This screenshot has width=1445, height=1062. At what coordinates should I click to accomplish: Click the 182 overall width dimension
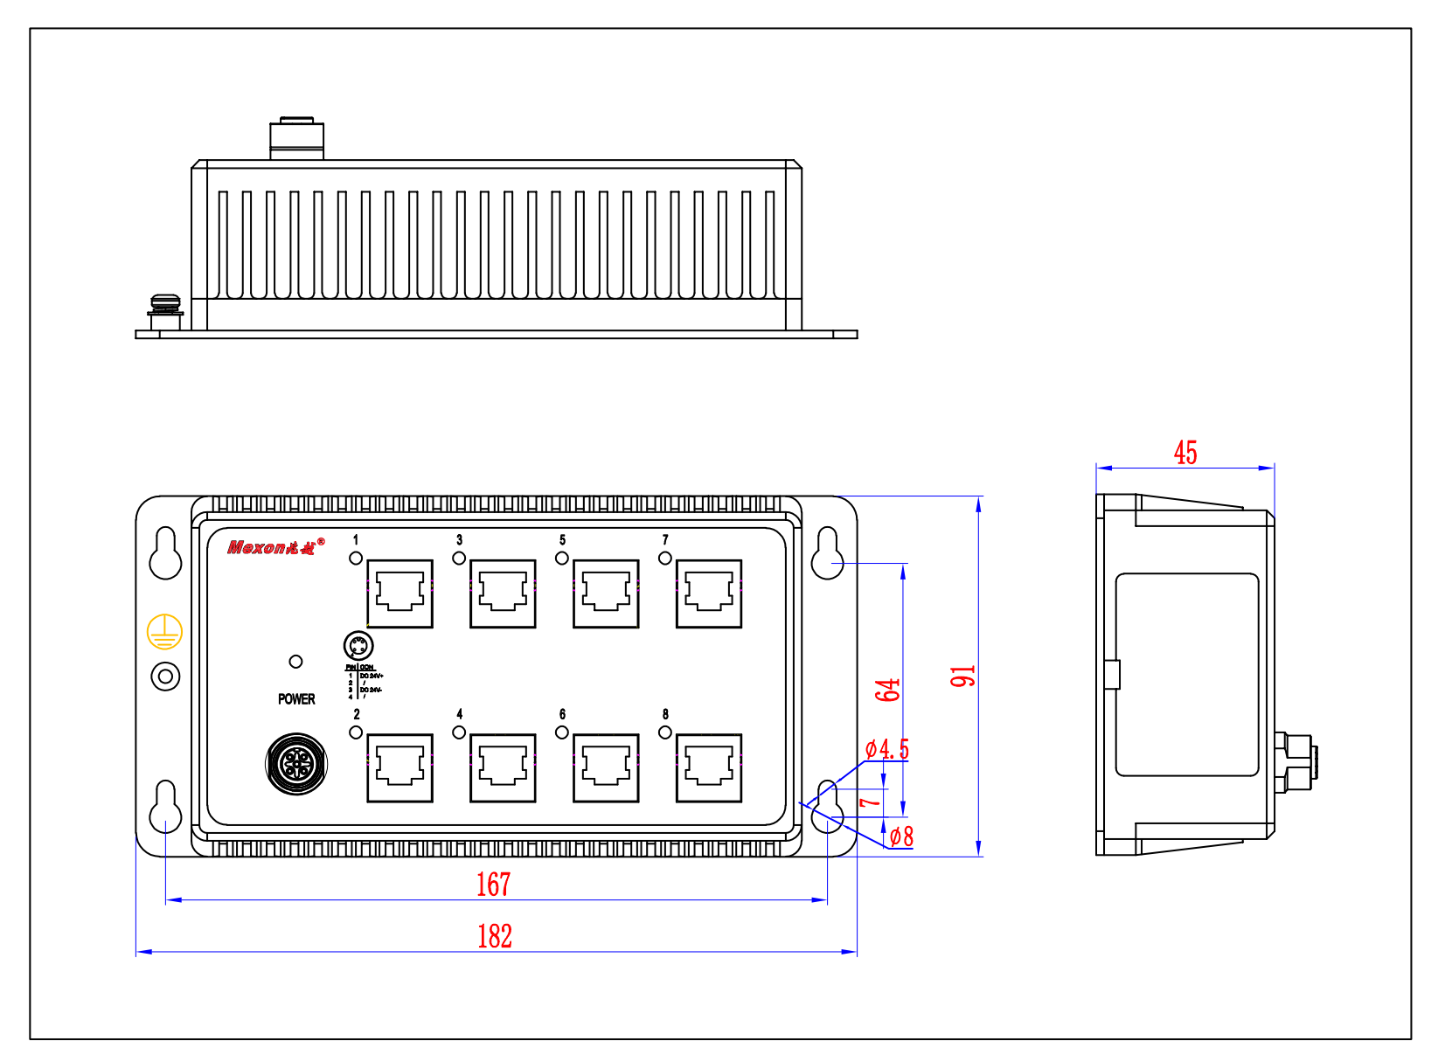coord(495,936)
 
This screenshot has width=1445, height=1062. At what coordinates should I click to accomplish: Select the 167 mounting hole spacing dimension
coord(493,885)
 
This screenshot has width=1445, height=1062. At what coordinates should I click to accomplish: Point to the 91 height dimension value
coord(962,676)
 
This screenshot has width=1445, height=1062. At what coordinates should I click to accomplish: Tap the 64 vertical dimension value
coord(887,690)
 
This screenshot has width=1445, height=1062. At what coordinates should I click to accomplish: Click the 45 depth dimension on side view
coord(1185,453)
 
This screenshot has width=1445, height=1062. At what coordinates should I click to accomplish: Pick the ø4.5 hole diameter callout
coord(887,749)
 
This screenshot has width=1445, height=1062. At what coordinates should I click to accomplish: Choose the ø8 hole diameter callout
coord(901,836)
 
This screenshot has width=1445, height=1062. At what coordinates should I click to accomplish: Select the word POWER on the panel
coord(296,699)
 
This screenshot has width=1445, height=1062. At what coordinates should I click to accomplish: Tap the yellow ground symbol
coord(164,632)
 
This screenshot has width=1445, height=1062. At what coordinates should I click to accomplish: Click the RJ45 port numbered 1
coord(399,593)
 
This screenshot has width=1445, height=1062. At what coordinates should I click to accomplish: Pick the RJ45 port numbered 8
coord(709,767)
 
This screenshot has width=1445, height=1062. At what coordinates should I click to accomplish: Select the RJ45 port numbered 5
coord(606,593)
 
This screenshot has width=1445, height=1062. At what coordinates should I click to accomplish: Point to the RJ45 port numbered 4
coord(503,767)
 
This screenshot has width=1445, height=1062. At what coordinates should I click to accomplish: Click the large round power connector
coord(296,765)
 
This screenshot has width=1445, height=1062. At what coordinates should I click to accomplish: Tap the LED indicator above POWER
coord(295,662)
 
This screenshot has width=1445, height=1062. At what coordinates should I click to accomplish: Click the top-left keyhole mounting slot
coord(165,554)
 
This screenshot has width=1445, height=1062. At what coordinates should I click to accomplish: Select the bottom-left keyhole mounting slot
coord(165,807)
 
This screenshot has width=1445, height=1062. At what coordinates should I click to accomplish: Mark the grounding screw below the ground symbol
coord(165,677)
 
